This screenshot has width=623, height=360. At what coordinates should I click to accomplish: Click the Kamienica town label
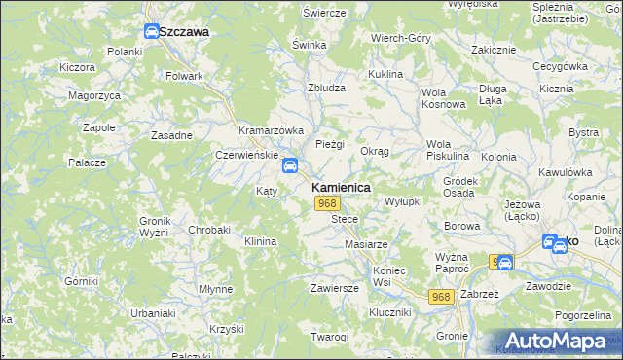[x=340, y=187]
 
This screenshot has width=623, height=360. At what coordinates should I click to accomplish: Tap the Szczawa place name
[x=184, y=31]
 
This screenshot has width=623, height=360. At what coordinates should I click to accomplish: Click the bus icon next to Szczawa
[x=152, y=31]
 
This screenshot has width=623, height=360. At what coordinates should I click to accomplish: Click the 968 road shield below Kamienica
[x=327, y=203]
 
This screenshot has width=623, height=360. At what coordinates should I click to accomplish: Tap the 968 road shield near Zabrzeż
[x=443, y=296]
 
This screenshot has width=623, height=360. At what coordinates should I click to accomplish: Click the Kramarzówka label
[x=272, y=130]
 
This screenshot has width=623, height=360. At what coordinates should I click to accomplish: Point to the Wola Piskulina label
[x=448, y=150]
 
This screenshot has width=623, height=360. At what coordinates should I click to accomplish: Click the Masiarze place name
[x=367, y=243]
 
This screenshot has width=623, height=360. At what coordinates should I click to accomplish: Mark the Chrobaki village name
[x=209, y=230]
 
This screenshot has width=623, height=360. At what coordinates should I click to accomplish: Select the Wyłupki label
[x=403, y=200]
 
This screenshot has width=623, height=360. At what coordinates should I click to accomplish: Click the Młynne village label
[x=215, y=289]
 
